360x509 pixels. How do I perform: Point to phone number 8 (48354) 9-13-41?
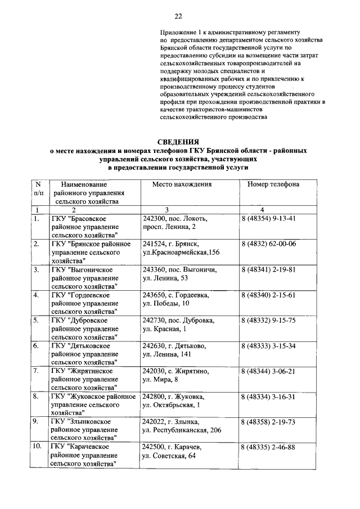point(268,218)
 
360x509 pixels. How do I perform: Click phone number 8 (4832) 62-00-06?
point(268,244)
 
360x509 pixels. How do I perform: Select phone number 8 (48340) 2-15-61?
point(268,295)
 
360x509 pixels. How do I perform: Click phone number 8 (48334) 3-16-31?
point(268,397)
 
